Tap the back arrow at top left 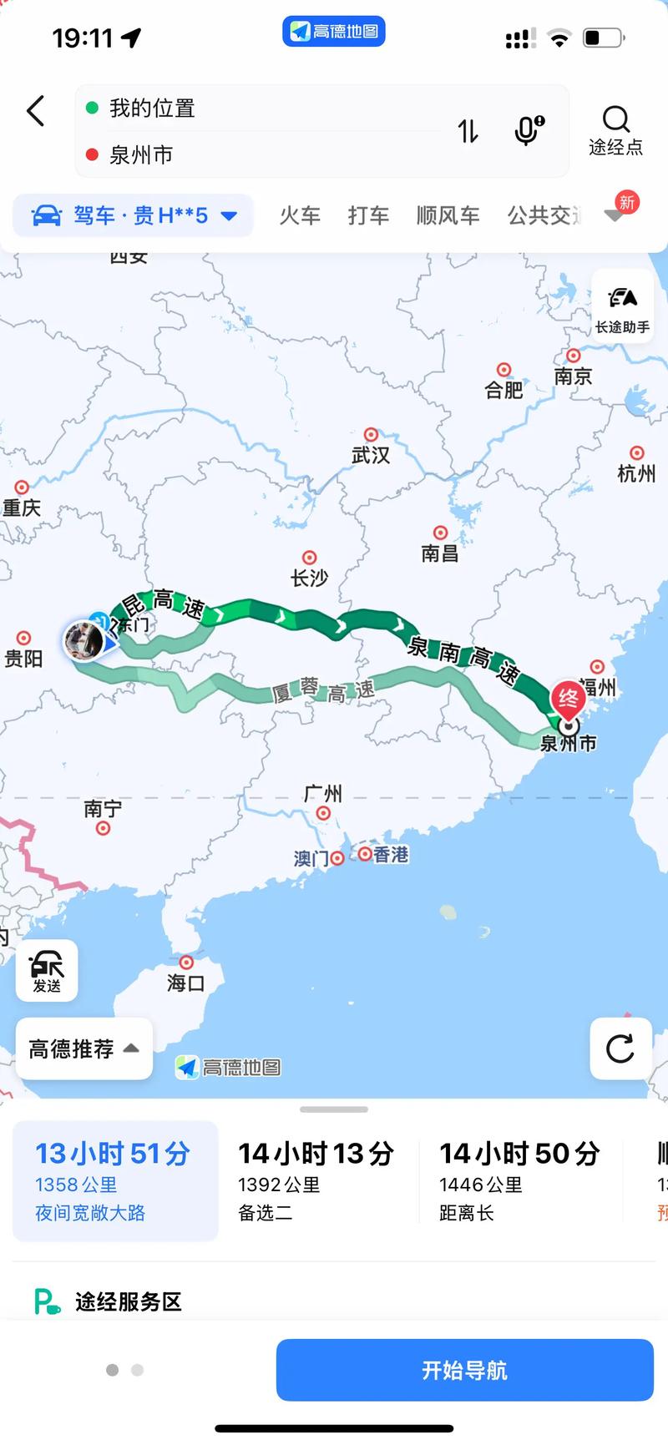click(35, 110)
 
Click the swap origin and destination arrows click(468, 131)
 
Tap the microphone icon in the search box click(529, 130)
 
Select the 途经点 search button click(615, 130)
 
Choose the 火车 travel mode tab click(300, 216)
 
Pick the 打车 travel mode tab click(368, 216)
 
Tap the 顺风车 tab click(448, 216)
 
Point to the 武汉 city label click(371, 455)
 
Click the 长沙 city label click(309, 578)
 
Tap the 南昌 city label click(440, 553)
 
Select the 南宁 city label click(103, 809)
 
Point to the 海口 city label click(185, 983)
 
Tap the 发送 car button click(47, 970)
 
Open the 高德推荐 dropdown click(83, 1048)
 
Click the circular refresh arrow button click(620, 1048)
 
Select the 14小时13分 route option click(316, 1180)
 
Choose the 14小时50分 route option click(519, 1180)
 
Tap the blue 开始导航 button click(464, 1370)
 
